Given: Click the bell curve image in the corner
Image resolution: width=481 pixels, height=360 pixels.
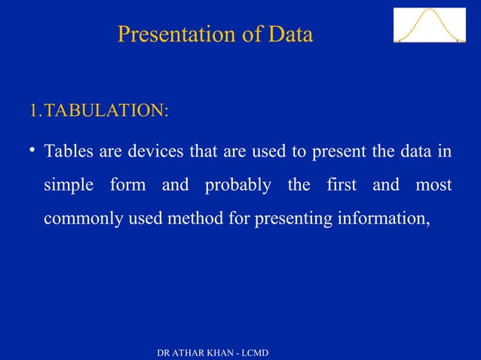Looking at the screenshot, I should point(429,25).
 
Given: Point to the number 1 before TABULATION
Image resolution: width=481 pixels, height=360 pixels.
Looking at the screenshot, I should point(32,111).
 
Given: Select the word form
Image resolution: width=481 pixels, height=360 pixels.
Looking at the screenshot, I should point(128,185).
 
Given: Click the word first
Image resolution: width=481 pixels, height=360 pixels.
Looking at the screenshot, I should point(341,185).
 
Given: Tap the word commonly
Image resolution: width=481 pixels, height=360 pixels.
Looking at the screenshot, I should point(78,219).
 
